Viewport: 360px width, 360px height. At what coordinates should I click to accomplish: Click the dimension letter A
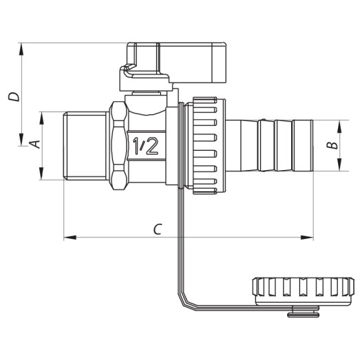coord(32,145)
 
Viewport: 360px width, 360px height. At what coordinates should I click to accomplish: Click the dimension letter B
coord(331,145)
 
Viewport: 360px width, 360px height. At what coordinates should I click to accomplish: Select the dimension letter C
coord(158,229)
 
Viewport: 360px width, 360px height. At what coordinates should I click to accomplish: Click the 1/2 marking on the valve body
coord(142,145)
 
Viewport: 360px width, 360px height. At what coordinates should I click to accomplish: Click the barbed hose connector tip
coord(275,145)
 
